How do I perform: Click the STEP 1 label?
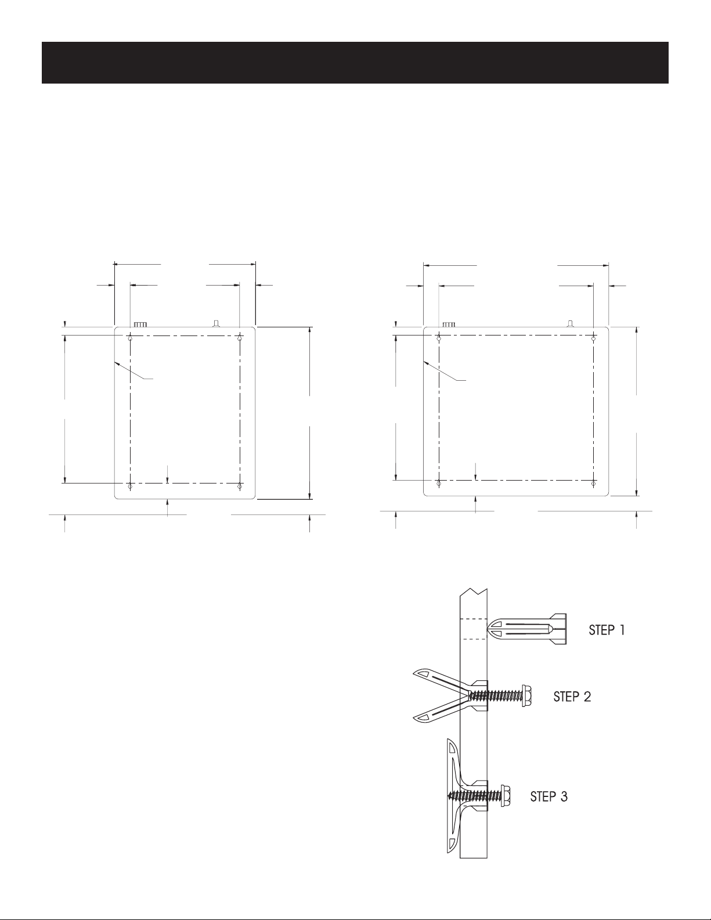[x=607, y=630]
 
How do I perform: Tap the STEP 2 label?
[x=572, y=697]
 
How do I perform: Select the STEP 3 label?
[x=549, y=797]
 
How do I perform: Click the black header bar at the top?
[x=355, y=63]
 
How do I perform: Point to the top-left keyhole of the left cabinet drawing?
[x=131, y=337]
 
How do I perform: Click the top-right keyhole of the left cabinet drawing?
[x=240, y=337]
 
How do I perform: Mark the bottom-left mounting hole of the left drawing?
[x=130, y=486]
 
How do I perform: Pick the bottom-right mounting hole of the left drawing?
[x=240, y=486]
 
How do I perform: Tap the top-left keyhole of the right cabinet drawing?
[x=439, y=337]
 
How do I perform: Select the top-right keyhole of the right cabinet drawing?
[x=594, y=337]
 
